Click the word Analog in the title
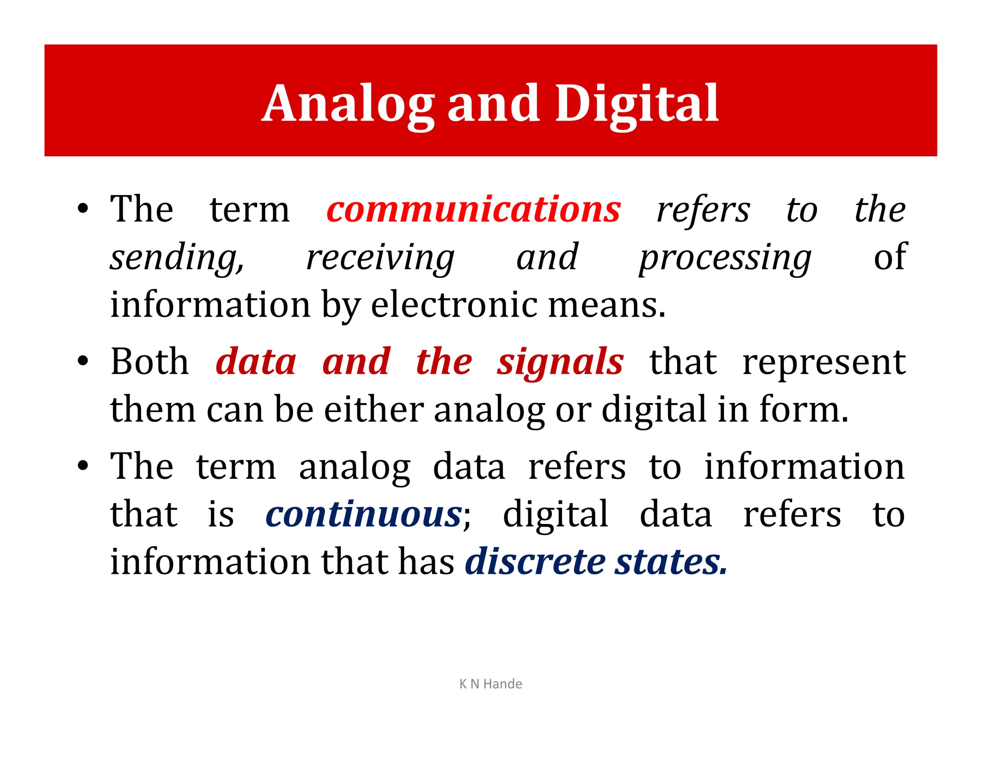(x=349, y=104)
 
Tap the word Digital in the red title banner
(x=637, y=104)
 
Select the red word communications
(x=473, y=210)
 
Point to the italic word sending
(x=176, y=258)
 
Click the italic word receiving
(x=380, y=258)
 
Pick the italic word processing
(x=725, y=258)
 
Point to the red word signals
(x=560, y=362)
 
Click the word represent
(x=824, y=363)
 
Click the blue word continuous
(x=363, y=514)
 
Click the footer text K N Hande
(x=491, y=684)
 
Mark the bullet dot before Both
(x=83, y=361)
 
